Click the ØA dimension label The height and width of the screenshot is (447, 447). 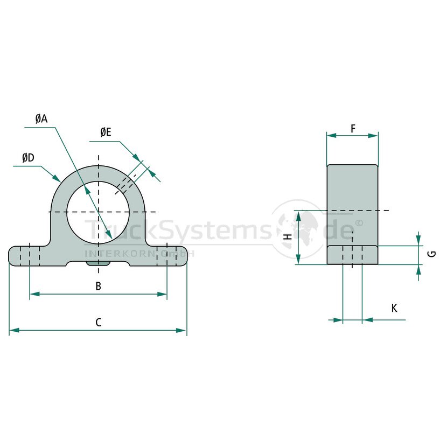tap(41, 118)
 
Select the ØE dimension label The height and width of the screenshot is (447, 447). tap(106, 132)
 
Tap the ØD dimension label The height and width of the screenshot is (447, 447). tap(28, 158)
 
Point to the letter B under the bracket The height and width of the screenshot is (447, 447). tap(99, 286)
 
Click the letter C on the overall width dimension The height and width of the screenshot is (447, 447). tap(99, 323)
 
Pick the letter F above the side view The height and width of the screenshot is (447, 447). tap(353, 129)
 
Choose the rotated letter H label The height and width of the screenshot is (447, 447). tap(289, 236)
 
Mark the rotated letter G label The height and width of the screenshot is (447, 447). tap(432, 254)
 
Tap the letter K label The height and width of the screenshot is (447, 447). tap(394, 308)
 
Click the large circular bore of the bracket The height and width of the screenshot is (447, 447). tap(99, 212)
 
